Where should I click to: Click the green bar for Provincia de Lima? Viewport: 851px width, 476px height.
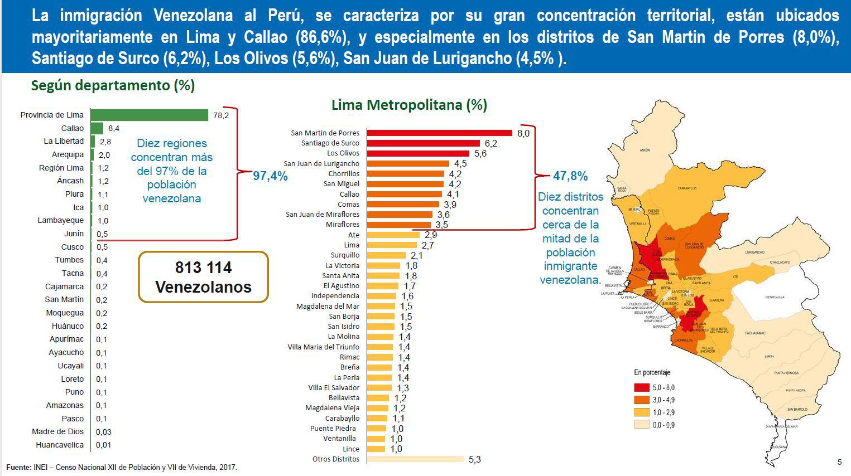(x=149, y=115)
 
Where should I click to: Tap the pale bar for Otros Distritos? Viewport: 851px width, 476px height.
(x=416, y=459)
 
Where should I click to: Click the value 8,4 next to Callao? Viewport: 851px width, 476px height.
(x=114, y=128)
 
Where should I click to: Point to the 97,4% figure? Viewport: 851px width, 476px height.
(x=271, y=176)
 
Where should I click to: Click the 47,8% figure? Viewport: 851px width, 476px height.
(x=570, y=176)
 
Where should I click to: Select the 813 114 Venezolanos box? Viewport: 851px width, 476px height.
(x=203, y=277)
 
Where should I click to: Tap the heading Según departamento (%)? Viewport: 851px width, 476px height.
(x=113, y=85)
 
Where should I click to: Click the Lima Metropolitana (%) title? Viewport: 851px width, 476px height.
(x=409, y=105)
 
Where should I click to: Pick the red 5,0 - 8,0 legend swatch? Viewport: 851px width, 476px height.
(x=642, y=387)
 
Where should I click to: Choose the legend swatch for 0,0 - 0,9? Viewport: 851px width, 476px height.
(x=642, y=425)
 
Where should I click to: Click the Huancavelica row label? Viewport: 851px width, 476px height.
(x=60, y=445)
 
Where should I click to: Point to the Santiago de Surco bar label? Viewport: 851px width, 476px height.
(x=330, y=143)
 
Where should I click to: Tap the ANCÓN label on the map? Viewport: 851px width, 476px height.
(x=645, y=150)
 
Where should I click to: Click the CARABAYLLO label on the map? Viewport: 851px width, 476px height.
(x=687, y=188)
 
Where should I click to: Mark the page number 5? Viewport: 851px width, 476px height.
(x=839, y=462)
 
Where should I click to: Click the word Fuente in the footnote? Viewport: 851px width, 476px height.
(x=18, y=467)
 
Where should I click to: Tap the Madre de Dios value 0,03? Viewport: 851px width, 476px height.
(x=103, y=432)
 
